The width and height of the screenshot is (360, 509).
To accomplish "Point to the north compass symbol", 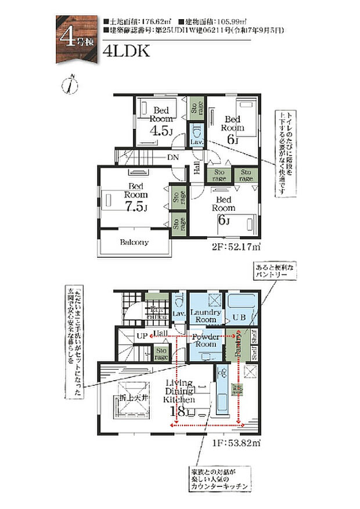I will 71,84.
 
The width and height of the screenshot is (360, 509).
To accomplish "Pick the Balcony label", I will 134,242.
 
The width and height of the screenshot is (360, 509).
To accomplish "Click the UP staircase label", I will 141,336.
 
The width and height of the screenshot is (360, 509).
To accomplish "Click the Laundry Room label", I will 204,316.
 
